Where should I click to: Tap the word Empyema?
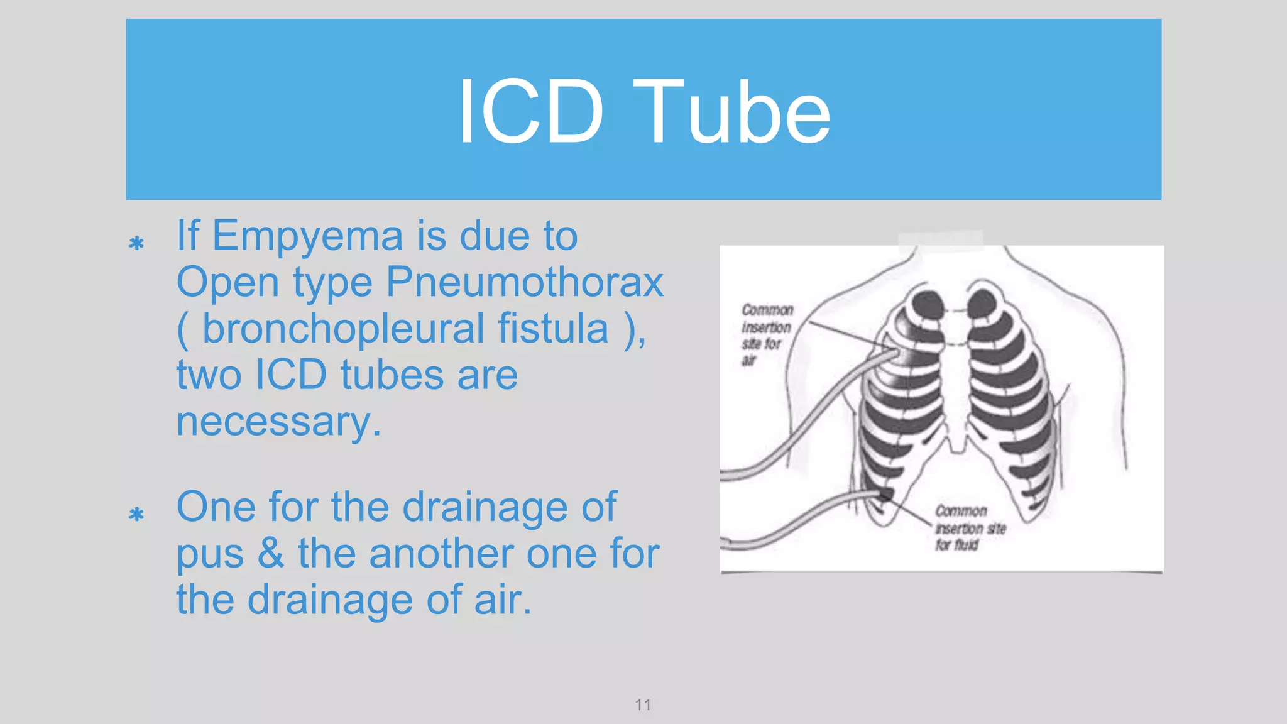click(307, 236)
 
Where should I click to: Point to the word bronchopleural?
click(343, 329)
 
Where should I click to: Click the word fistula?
click(553, 329)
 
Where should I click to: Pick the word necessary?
click(278, 422)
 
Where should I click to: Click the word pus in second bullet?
click(210, 555)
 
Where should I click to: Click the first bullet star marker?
click(136, 243)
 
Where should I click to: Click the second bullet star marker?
click(136, 515)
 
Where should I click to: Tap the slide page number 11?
click(643, 705)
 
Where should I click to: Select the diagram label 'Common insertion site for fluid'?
click(969, 528)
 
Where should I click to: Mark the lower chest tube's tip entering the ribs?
click(883, 494)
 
